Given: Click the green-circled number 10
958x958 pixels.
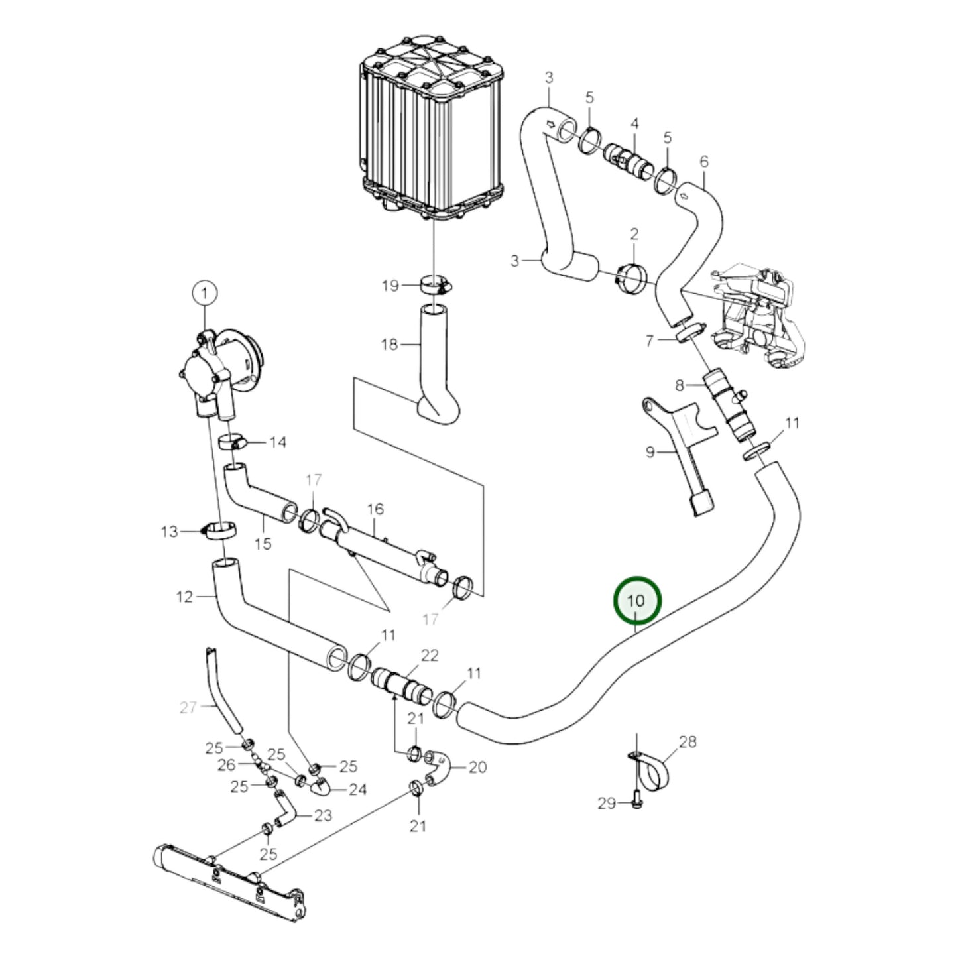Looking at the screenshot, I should coord(636,601).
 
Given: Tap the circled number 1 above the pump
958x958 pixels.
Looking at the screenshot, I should coord(205,293).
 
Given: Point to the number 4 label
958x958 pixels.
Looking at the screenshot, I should coord(634,124).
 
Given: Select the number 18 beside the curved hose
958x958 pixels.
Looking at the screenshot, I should coord(389,344).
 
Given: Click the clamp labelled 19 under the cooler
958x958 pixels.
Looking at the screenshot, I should coord(434,284).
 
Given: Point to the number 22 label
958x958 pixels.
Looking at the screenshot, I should coord(430,655).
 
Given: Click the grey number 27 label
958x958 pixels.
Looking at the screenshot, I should coord(188,708).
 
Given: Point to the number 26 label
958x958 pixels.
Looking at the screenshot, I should coord(227,765).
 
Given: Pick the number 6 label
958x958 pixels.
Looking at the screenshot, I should coord(703,161).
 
